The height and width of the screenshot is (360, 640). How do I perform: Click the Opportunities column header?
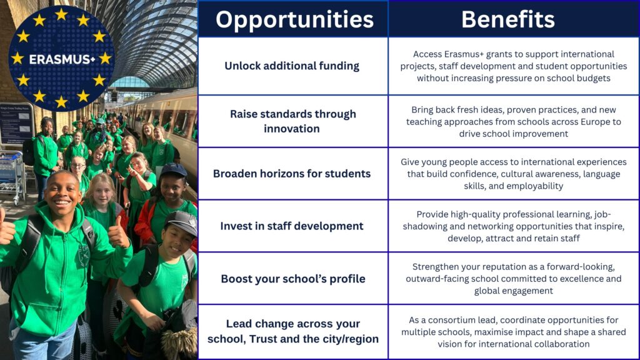click(294, 19)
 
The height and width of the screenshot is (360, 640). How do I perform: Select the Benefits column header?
click(507, 19)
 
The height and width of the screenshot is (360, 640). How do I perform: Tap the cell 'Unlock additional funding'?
click(292, 66)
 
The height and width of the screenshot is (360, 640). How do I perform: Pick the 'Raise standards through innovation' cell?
click(292, 121)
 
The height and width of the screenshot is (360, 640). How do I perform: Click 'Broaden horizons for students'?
click(292, 174)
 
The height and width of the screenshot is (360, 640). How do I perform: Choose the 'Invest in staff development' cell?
click(292, 226)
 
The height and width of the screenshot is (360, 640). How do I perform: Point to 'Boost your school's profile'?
click(293, 279)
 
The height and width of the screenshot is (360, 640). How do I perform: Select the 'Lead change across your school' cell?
click(293, 331)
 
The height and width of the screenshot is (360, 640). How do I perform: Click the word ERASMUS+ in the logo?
click(62, 59)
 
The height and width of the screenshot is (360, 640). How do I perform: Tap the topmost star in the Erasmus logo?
click(61, 15)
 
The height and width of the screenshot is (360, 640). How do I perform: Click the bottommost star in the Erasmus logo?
click(61, 102)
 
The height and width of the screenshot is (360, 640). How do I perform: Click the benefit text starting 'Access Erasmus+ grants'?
click(514, 66)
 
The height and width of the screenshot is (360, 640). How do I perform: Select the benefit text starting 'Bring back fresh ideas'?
click(514, 122)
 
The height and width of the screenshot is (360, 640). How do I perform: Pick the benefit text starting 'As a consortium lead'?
click(514, 332)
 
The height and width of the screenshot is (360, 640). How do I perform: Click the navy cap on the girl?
click(174, 169)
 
